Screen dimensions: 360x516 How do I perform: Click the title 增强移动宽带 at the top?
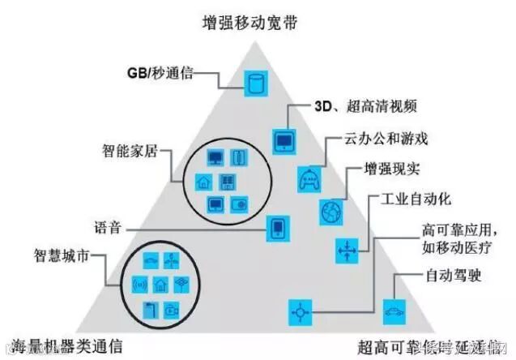(x=258, y=22)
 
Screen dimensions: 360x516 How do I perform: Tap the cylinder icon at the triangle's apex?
(x=257, y=81)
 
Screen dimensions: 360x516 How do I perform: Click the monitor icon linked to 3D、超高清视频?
(x=285, y=140)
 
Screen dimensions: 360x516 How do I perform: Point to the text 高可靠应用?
(x=437, y=229)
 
